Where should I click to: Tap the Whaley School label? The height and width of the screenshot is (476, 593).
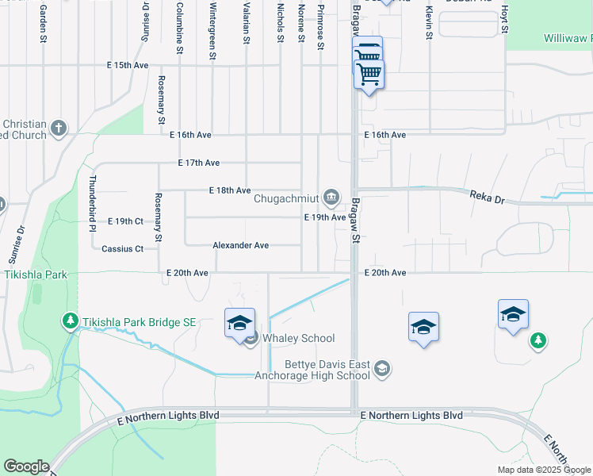pos(299,339)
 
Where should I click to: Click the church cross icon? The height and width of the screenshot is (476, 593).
pos(59,127)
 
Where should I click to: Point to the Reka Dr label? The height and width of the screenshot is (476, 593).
pos(487,195)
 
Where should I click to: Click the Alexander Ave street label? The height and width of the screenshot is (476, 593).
pos(240,246)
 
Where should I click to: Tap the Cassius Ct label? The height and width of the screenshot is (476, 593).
pos(123,249)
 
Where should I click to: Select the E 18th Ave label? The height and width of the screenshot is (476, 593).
pos(230,190)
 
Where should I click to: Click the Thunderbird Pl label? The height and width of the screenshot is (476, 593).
pos(94,203)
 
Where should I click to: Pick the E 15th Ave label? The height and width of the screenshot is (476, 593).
pos(129,65)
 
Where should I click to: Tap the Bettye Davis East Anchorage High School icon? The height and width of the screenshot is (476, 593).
pos(383,368)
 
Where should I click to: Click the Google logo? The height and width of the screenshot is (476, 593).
pos(26,466)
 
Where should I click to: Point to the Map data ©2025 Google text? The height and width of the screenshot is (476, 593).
pos(544,470)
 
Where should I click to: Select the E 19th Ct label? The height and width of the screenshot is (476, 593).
pos(124,221)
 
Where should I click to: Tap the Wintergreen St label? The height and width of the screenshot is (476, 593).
pos(212,32)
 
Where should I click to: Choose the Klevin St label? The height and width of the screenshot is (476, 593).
pos(428,21)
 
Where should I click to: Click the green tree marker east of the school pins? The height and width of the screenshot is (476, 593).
pos(538,340)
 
